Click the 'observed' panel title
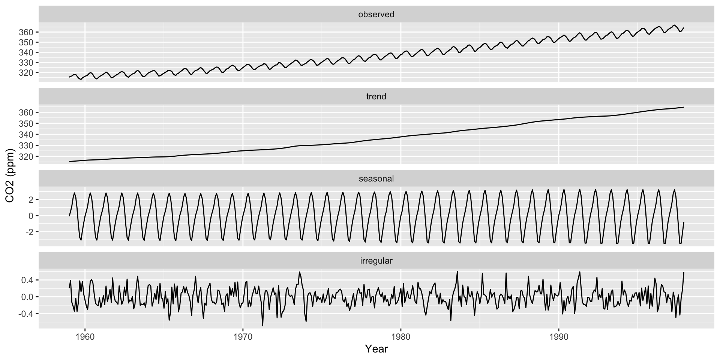376,15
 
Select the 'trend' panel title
376,97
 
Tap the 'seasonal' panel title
376,179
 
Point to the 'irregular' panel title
376,261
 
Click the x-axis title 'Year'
376,349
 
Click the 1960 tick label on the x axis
85,337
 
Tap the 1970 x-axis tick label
243,337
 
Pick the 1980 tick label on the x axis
401,337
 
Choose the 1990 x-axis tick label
559,337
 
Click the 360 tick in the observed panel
26,32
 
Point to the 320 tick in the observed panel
26,72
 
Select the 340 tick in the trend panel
26,135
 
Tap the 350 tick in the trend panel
26,124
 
